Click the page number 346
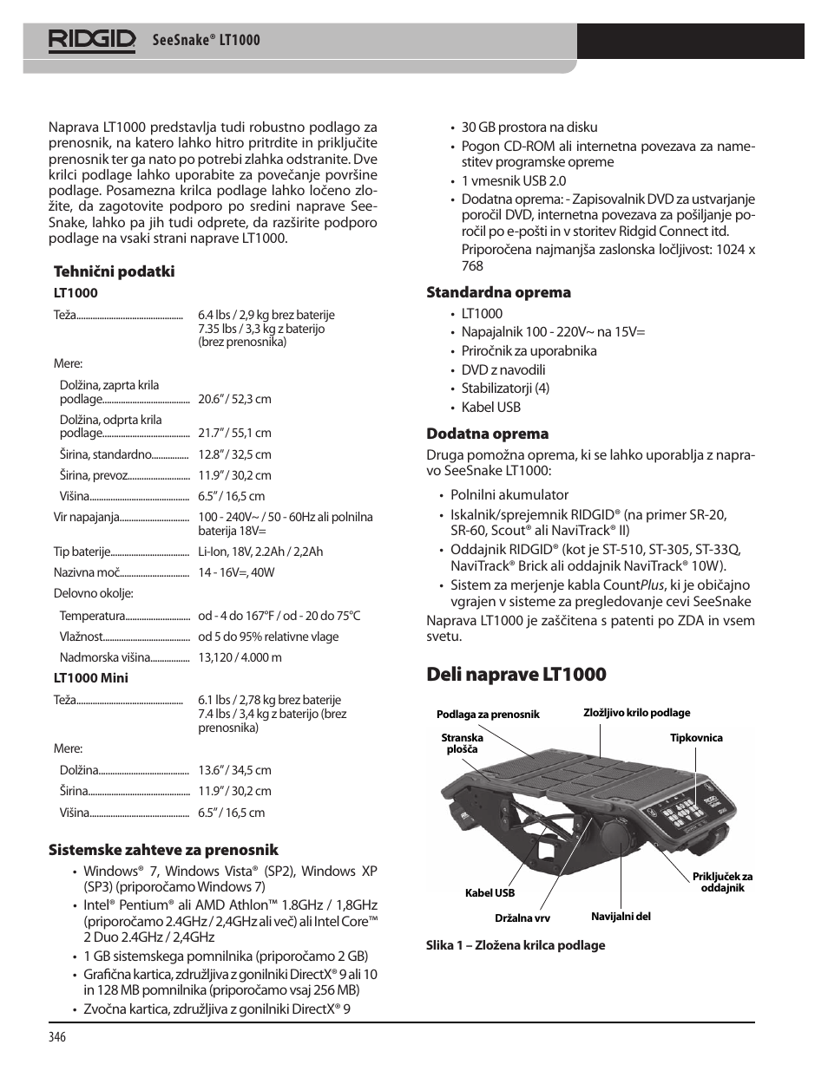[x=58, y=1037]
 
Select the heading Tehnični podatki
[x=115, y=271]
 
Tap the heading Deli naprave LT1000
[x=516, y=674]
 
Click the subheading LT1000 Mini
[x=91, y=678]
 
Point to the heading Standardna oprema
[x=498, y=292]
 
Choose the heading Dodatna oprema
[x=487, y=434]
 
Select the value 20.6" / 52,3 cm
[x=234, y=399]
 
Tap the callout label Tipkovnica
[x=696, y=738]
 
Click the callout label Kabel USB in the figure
[x=490, y=893]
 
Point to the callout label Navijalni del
[x=621, y=917]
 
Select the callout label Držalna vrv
[x=522, y=918]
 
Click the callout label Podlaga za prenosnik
[x=488, y=715]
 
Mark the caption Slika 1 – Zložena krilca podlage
[x=516, y=945]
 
